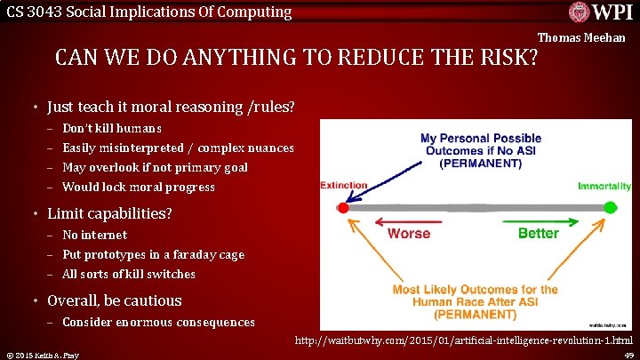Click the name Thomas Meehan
coord(581,38)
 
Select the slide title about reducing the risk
coord(297,59)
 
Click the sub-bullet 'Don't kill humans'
coord(112,129)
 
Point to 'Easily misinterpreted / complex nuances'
coord(178,148)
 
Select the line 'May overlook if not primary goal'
coord(155,168)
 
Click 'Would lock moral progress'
coord(139,188)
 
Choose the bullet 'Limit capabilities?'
coord(109,214)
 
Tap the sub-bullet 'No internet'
coord(94,236)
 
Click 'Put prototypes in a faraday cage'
coord(153,255)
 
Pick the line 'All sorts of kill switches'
coord(129,275)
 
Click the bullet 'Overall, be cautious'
coord(114,301)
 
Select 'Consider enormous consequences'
coord(158,323)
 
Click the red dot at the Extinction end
coord(343,208)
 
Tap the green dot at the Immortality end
coord(610,208)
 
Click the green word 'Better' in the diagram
coord(538,233)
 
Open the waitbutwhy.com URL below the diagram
coord(464,341)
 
